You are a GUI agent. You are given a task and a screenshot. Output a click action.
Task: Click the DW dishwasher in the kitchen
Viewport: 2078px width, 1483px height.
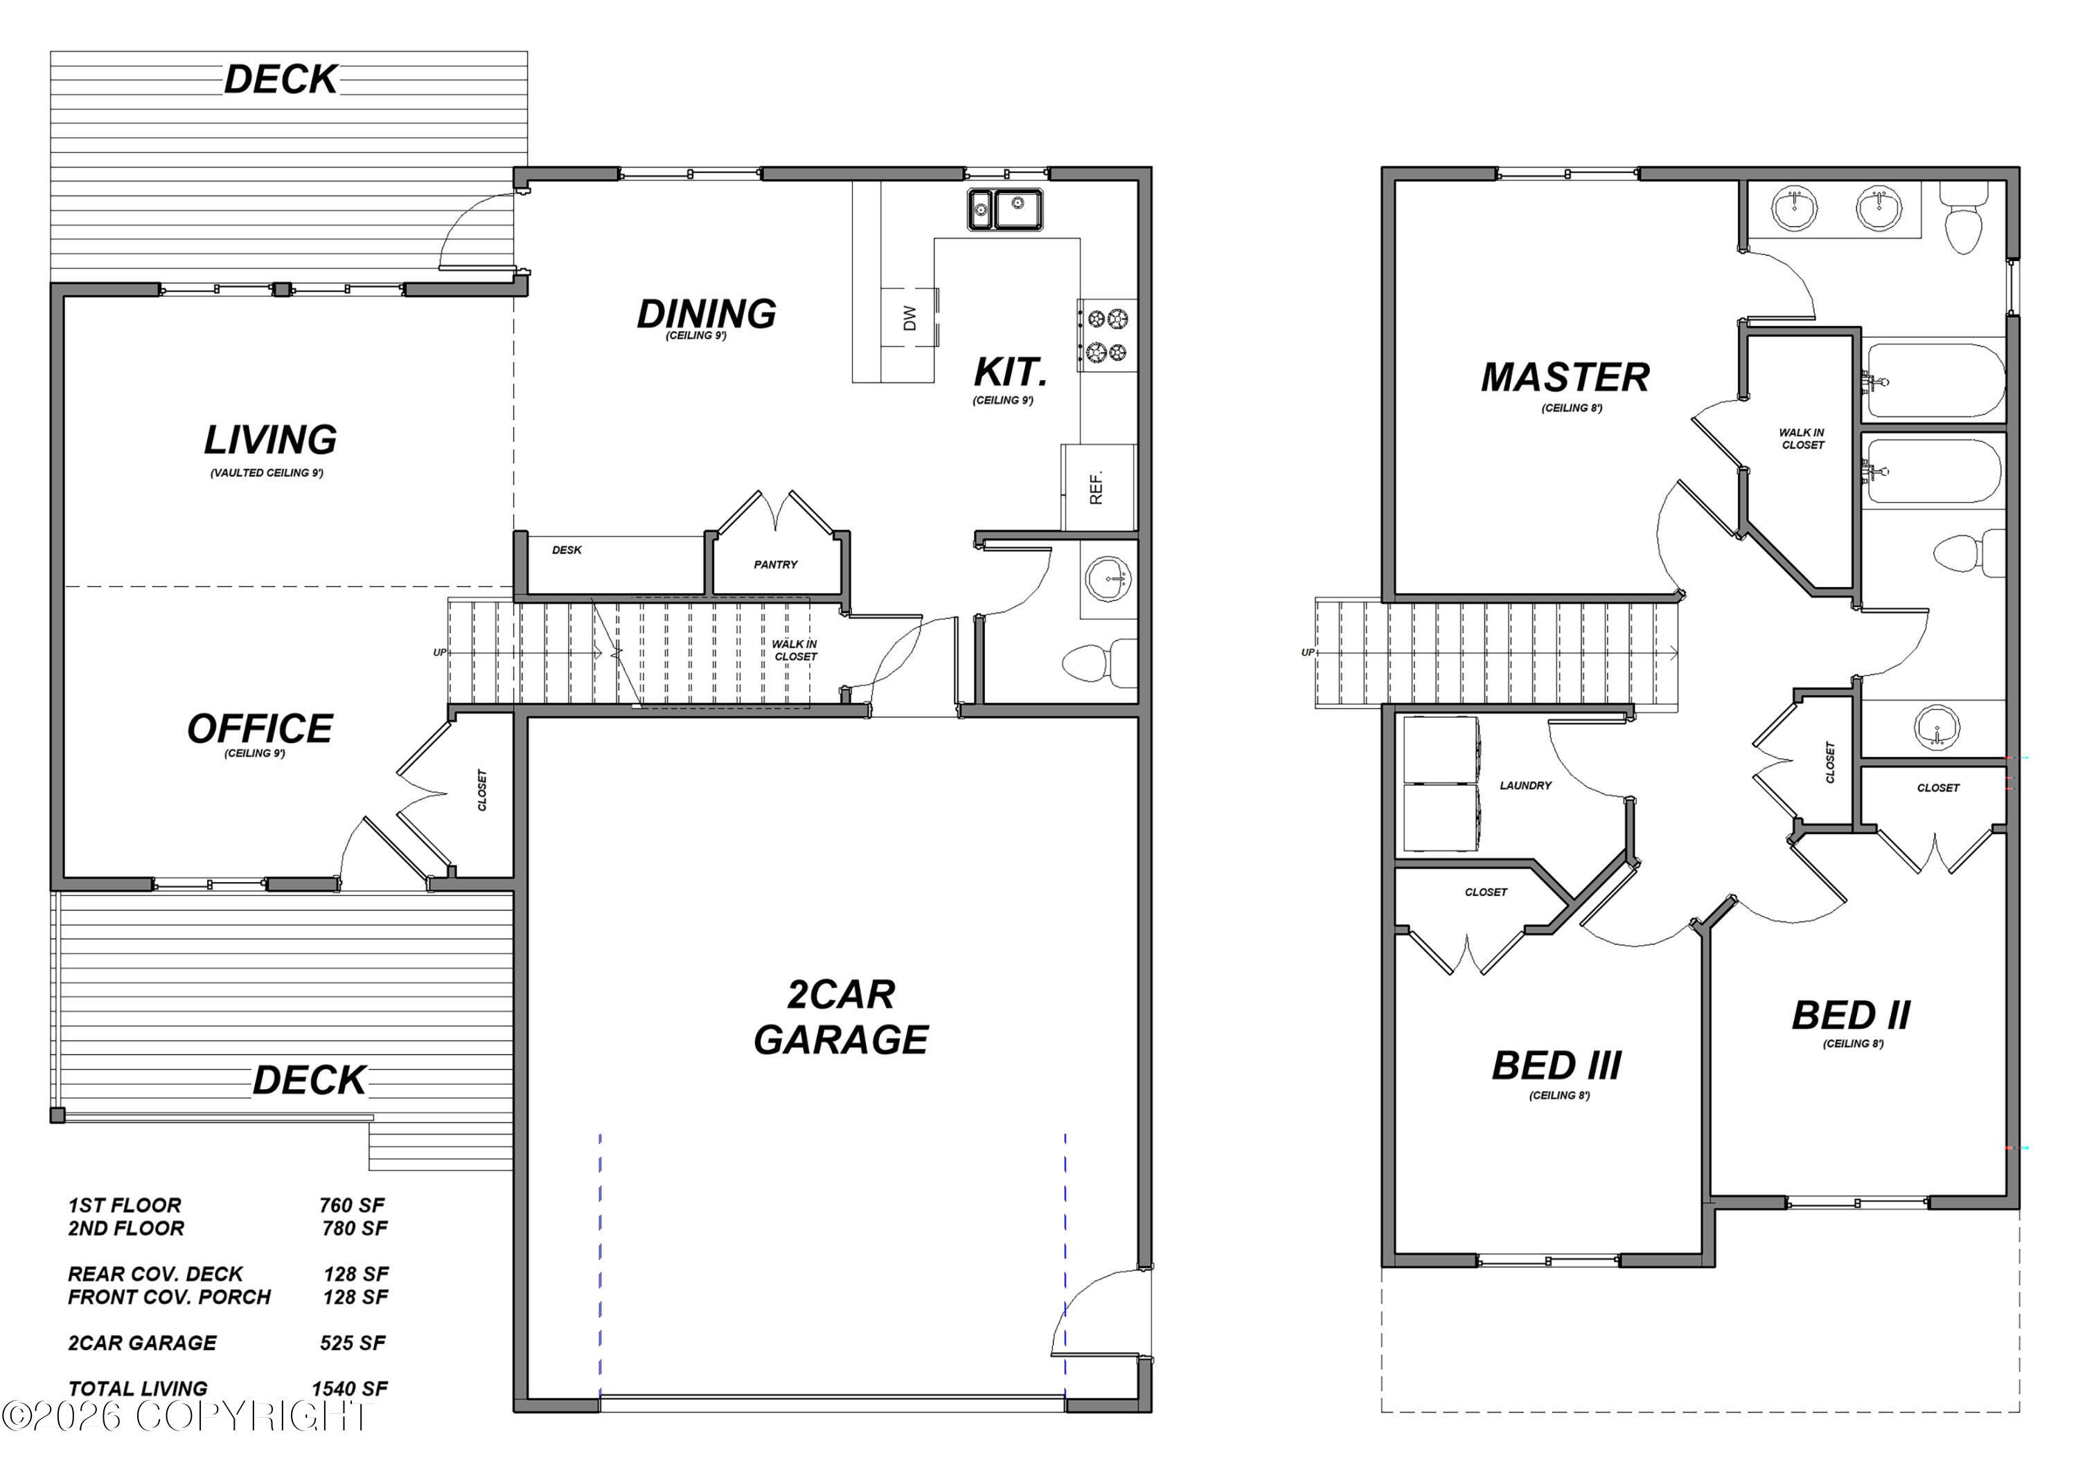[909, 318]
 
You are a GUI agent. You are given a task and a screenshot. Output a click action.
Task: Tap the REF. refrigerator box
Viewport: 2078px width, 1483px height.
[1098, 487]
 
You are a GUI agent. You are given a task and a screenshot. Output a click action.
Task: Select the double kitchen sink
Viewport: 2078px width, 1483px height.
[1005, 209]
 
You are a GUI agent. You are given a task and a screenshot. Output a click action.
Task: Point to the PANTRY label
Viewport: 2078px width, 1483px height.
[776, 564]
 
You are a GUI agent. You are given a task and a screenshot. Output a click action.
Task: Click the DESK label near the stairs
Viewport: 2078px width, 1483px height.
[567, 550]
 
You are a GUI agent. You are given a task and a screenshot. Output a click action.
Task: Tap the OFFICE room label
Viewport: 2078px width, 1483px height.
[260, 729]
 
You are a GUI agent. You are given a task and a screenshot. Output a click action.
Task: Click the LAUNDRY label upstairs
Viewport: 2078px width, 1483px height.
[1525, 785]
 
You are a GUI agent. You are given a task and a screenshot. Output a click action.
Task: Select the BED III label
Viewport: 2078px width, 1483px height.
[1556, 1066]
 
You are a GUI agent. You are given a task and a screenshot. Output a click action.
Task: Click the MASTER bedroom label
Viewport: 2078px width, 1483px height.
[1565, 377]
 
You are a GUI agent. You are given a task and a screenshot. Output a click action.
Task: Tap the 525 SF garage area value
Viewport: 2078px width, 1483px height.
[353, 1342]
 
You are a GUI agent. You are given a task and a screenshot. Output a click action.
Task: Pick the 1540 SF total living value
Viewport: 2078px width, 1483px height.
[350, 1388]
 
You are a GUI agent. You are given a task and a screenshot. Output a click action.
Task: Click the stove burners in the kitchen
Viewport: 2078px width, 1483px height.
[1107, 335]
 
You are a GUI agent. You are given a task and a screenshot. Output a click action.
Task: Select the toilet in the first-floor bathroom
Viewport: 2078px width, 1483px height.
[1100, 664]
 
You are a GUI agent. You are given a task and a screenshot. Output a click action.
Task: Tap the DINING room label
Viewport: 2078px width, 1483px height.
[706, 314]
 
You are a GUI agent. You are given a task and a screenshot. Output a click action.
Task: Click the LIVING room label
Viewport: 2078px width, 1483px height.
[270, 440]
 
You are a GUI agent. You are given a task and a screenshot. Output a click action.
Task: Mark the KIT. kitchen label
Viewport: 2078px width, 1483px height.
[1010, 372]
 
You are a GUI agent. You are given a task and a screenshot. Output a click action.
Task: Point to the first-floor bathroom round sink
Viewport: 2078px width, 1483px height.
[1108, 578]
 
